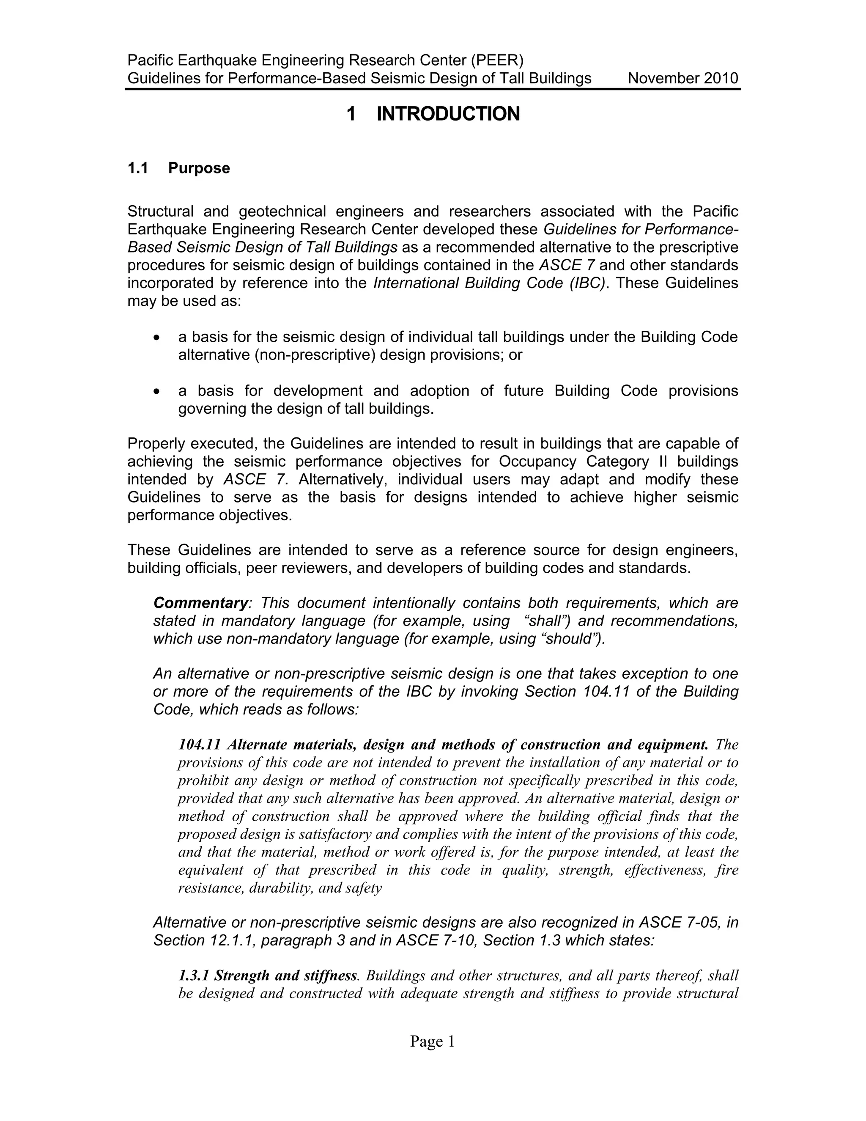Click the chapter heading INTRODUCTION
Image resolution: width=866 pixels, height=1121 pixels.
(448, 113)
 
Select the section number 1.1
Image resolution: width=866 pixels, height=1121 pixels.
(137, 168)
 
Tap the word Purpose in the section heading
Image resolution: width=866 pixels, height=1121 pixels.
(199, 168)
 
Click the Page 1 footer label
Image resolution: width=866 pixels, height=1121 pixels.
(432, 1041)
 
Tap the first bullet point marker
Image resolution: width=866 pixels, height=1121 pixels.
(157, 338)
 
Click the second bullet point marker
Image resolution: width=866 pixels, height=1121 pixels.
(157, 392)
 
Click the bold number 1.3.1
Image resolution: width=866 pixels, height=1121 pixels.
(194, 975)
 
